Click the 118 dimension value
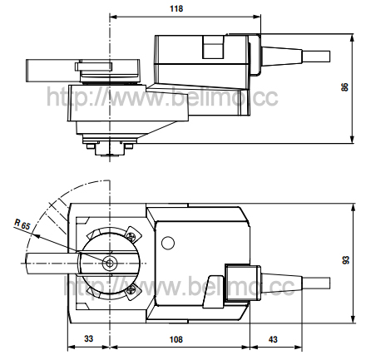[x=176, y=8]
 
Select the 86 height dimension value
[x=344, y=87]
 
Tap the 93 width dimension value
[x=346, y=260]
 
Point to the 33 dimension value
[x=89, y=338]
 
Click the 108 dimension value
[x=176, y=339]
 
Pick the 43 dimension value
[x=273, y=339]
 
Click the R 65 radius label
[x=22, y=224]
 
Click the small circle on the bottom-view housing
[x=168, y=243]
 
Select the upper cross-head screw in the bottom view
[x=131, y=236]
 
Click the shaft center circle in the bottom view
[x=110, y=263]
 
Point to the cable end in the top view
[x=316, y=57]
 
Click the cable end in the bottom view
[x=316, y=283]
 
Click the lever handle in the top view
[x=53, y=71]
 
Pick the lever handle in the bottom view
[x=52, y=263]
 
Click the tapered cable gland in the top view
[x=281, y=57]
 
